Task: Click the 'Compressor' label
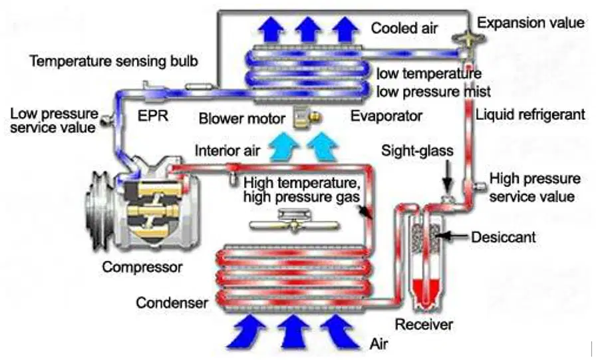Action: click(142, 267)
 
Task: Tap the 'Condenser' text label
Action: click(172, 303)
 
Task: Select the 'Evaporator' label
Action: click(386, 116)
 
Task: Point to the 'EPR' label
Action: click(152, 116)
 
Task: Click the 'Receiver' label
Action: click(424, 325)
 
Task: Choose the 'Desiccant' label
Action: click(504, 237)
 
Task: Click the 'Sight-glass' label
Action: click(417, 151)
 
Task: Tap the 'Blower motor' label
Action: click(241, 118)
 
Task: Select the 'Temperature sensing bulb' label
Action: click(114, 61)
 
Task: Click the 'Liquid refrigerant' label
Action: click(530, 114)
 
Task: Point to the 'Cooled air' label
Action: click(404, 28)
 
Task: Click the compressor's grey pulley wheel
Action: click(98, 210)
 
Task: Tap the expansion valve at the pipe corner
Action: click(468, 39)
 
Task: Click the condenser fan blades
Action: click(294, 226)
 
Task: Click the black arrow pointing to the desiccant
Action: click(451, 236)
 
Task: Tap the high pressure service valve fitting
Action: click(480, 186)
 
